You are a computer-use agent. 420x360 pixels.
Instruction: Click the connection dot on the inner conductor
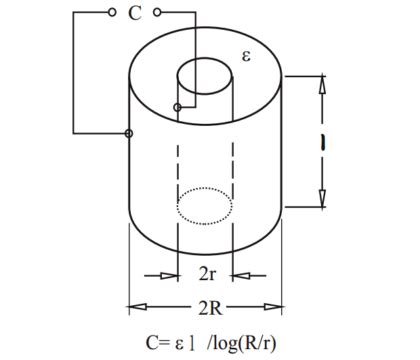178,105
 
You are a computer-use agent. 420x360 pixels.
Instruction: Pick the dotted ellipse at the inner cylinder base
206,210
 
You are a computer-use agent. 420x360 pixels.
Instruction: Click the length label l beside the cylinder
323,143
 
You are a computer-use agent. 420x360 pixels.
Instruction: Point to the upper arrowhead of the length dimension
322,86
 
